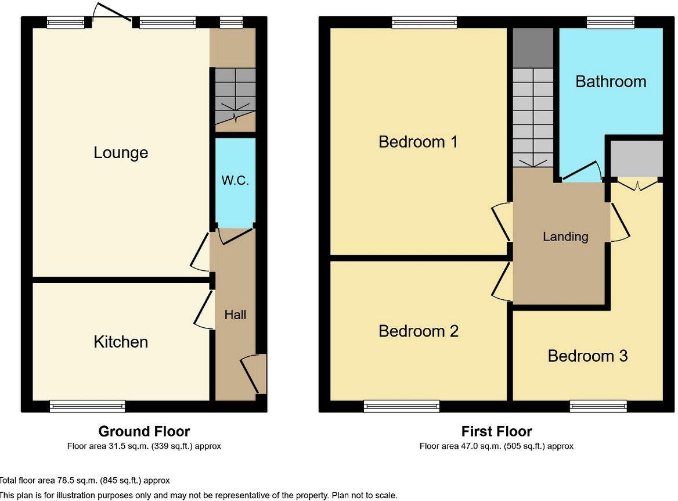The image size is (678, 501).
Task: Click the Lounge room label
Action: (x=121, y=153)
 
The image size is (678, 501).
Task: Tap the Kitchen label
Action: (x=121, y=342)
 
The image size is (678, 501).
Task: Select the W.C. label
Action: (x=235, y=180)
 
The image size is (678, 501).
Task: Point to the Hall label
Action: (x=235, y=314)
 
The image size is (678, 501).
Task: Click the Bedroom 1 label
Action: (x=418, y=141)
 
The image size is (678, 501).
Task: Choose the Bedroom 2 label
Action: (x=418, y=331)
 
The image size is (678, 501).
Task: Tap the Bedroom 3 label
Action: (x=587, y=356)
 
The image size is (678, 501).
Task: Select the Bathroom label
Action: (x=611, y=81)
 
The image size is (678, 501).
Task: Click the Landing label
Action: (x=565, y=237)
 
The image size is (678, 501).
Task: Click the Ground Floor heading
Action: (x=144, y=431)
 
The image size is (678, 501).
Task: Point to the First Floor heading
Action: (x=496, y=431)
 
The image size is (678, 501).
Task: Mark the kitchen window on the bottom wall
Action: (x=87, y=406)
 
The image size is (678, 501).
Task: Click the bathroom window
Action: (x=610, y=23)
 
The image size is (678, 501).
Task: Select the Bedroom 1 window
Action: (x=424, y=23)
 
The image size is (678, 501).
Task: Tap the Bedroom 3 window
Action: (x=598, y=406)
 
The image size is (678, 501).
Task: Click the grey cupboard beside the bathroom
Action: (x=636, y=158)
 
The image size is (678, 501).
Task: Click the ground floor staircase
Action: (x=235, y=96)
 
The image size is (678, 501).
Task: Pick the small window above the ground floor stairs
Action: (x=232, y=23)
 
